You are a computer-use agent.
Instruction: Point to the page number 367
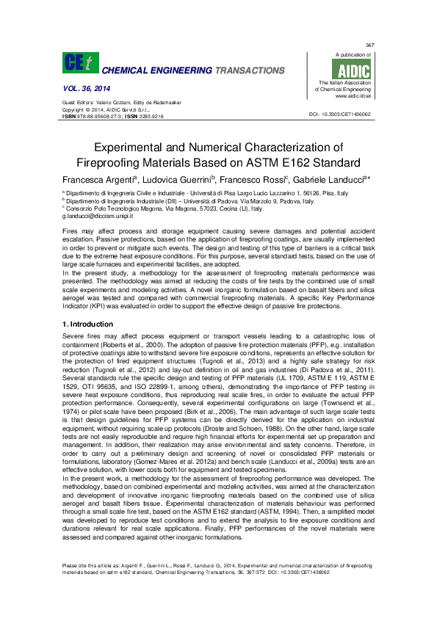tap(369, 45)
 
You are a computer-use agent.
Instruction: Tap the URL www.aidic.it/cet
tap(353, 95)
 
